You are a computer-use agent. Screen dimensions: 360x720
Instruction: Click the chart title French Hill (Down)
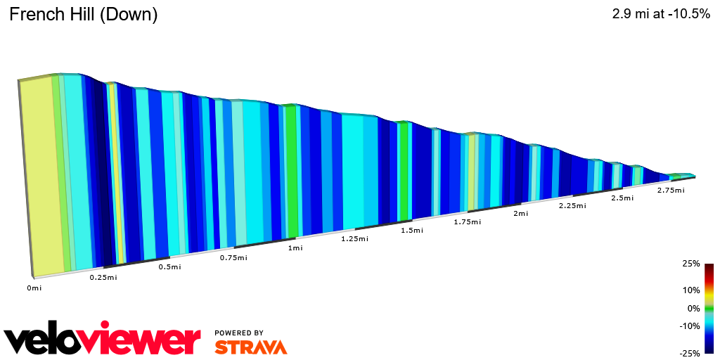pos(83,14)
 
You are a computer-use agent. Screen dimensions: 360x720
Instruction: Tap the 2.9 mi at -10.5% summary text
pos(662,14)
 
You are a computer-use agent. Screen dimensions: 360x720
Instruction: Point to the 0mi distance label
pos(34,288)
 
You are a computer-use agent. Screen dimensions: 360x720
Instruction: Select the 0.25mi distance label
pos(103,278)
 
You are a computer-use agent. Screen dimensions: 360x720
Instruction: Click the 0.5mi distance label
pos(169,267)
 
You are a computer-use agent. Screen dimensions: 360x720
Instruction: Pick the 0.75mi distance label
pos(233,258)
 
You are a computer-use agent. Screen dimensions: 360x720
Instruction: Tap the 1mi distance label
pos(295,248)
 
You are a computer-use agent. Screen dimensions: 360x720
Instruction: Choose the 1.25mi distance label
pos(354,239)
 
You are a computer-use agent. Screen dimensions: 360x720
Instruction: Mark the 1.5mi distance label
pos(412,231)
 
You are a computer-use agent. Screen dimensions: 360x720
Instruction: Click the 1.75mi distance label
pos(468,222)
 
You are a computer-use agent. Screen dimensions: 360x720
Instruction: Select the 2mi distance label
pos(521,214)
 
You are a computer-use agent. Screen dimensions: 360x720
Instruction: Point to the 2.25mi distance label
pos(572,205)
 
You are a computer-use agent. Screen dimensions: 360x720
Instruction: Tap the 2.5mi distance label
pos(622,198)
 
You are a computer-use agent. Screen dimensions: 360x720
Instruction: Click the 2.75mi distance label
pos(671,191)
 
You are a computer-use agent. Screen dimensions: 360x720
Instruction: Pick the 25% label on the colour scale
pos(690,264)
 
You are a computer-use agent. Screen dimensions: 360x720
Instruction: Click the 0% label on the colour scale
pos(693,308)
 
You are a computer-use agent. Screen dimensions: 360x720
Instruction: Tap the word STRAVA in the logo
pos(251,347)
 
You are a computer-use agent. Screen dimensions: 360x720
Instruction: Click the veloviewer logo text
pos(103,341)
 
